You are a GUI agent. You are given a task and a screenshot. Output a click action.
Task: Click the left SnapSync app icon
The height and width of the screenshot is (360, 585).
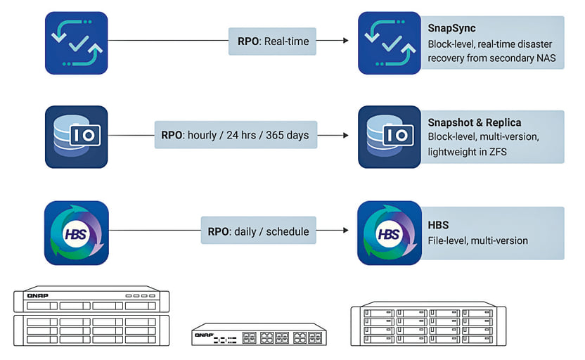(77, 43)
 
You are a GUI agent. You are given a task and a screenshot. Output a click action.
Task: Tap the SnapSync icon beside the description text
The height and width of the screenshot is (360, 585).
(390, 43)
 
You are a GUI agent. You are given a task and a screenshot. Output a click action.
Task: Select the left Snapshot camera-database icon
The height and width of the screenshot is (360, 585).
(77, 137)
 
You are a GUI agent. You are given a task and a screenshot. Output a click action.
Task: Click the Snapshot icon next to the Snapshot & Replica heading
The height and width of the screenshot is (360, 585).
(390, 137)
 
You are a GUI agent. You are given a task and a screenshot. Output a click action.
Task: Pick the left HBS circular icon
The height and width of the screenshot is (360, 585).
(77, 233)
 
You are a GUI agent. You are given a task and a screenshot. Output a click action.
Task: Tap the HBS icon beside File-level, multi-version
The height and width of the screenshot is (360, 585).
(390, 233)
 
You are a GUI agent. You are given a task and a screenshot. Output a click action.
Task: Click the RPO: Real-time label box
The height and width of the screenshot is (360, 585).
(272, 41)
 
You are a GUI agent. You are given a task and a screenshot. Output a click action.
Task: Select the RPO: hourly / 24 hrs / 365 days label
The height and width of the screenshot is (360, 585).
(236, 135)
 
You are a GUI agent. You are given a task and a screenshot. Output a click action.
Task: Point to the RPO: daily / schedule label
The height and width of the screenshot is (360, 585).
(259, 230)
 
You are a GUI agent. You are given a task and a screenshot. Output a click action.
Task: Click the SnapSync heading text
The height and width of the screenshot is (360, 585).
(451, 28)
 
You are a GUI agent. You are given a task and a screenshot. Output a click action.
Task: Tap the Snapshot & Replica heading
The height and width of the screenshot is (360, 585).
(474, 122)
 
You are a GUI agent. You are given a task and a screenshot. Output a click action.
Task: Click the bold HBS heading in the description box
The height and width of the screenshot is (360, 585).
(438, 225)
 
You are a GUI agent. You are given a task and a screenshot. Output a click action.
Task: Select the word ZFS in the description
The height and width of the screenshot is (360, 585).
(498, 152)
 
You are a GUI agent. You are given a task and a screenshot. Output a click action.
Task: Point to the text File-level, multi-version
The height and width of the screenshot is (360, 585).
(477, 240)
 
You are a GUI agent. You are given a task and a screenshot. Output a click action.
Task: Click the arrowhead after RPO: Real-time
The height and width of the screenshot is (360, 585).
(346, 40)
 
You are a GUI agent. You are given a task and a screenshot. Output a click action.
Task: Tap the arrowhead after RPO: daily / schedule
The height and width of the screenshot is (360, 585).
(346, 230)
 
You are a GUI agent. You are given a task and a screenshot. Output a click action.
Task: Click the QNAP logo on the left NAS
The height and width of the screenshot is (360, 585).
(38, 295)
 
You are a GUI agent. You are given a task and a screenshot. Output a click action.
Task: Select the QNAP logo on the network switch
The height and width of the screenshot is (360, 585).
(204, 335)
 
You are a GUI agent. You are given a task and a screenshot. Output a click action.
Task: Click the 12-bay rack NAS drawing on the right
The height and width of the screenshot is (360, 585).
(428, 324)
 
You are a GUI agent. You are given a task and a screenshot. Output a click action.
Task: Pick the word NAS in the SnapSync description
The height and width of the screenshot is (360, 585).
(546, 58)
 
